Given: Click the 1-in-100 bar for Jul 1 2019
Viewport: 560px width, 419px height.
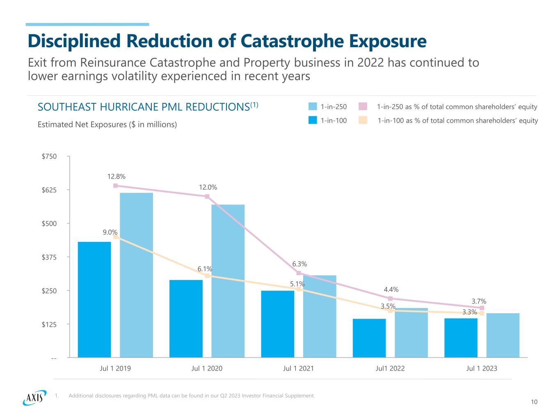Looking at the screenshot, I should click(94, 299).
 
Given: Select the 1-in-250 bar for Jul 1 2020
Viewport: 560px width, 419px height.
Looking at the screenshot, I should click(228, 281).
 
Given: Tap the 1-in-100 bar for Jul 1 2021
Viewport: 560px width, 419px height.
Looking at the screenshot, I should click(278, 324).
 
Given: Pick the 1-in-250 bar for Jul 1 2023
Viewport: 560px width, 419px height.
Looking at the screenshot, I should click(503, 335).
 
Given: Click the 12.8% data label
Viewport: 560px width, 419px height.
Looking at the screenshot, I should click(117, 177).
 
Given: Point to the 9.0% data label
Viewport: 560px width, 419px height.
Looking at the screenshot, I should click(110, 232).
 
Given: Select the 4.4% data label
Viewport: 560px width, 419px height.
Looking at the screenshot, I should click(391, 290).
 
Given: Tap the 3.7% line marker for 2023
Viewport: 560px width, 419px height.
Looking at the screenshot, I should click(482, 308).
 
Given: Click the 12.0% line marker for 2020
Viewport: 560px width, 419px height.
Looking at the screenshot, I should click(207, 196).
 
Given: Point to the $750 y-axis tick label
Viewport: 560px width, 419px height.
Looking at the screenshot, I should click(49, 156).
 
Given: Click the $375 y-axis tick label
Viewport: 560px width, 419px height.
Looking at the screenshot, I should click(49, 257).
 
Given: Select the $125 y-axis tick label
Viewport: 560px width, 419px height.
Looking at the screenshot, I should click(49, 324).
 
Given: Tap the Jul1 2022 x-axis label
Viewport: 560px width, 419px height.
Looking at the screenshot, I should click(390, 368).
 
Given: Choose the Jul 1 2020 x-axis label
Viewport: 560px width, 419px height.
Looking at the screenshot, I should click(207, 368).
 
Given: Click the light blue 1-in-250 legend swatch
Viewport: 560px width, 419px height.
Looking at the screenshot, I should click(313, 107).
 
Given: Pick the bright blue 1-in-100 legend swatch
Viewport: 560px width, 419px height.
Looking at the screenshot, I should click(313, 121).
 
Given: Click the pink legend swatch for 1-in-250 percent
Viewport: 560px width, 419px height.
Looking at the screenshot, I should click(363, 107).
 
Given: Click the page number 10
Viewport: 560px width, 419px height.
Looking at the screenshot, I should click(534, 402).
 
